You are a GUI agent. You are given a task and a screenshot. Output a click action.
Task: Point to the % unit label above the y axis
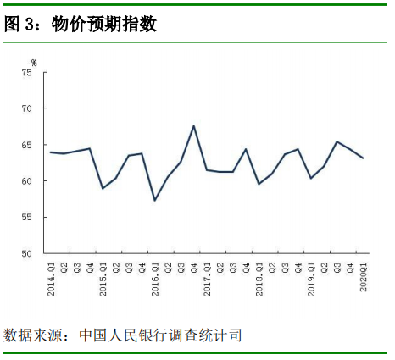tap(34, 62)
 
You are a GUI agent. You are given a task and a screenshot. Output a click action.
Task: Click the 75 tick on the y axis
tap(26, 73)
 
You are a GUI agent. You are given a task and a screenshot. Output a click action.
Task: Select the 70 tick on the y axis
tap(26, 109)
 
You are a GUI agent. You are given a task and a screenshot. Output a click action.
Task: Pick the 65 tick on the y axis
tap(26, 146)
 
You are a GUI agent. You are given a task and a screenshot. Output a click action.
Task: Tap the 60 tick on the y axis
tap(26, 181)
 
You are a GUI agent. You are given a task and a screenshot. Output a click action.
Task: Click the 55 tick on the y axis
tap(26, 218)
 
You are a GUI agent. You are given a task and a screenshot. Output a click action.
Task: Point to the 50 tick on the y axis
tap(26, 254)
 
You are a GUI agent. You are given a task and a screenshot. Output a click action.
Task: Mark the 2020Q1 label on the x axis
tap(364, 276)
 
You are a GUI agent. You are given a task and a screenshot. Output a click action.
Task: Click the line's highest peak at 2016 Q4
tap(194, 126)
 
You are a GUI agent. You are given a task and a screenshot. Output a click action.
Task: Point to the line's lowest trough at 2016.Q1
tap(155, 200)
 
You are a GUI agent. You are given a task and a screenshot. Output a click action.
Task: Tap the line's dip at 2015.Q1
tap(103, 188)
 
